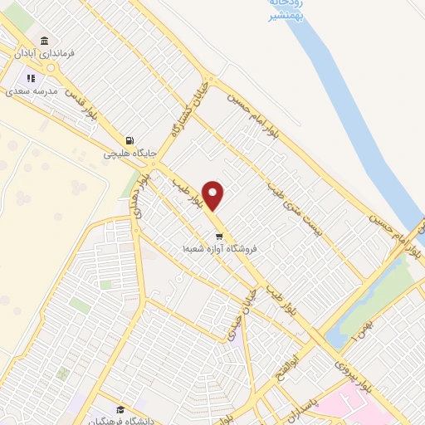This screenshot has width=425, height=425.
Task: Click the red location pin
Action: (x=214, y=195)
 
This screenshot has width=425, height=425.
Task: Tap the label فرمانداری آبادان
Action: (x=46, y=53)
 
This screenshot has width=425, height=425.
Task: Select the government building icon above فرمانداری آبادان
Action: (x=44, y=41)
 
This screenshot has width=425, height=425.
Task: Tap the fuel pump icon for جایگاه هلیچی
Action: (x=129, y=141)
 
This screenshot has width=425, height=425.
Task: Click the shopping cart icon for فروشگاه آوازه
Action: (x=218, y=236)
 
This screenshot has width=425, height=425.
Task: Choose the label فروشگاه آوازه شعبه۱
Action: (x=220, y=248)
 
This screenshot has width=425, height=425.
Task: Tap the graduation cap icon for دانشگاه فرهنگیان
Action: (x=121, y=409)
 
